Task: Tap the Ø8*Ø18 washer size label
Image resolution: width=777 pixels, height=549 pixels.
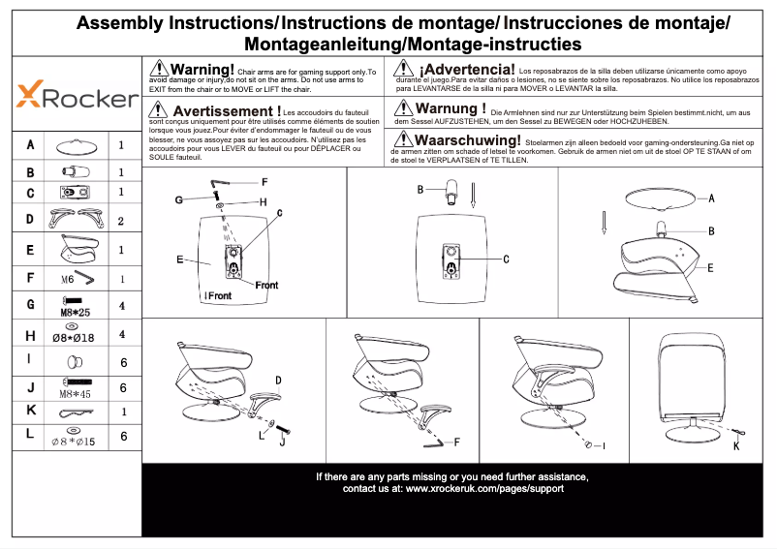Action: [x=74, y=337]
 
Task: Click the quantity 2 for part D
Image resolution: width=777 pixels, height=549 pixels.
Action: [x=121, y=221]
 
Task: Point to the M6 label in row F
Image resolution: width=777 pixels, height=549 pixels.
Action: [x=68, y=279]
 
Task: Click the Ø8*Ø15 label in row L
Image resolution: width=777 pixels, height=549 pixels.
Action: [x=73, y=442]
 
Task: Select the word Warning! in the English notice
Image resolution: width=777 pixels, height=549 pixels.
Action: [x=202, y=70]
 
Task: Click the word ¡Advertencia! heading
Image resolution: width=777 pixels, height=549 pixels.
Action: [x=466, y=70]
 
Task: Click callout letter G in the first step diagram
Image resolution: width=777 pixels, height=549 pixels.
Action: [x=179, y=199]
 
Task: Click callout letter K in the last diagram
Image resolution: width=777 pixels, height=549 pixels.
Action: [x=735, y=446]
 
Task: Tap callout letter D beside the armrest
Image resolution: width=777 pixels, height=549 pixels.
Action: [x=278, y=380]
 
